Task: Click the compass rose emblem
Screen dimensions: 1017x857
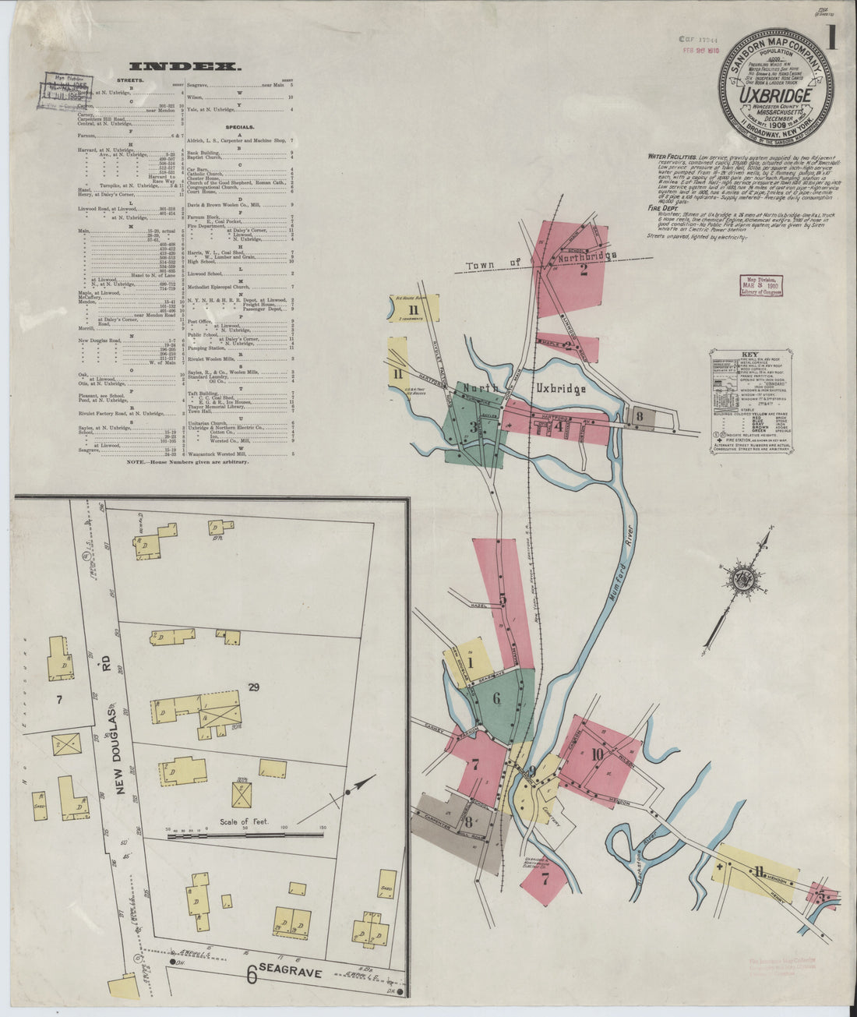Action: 742,577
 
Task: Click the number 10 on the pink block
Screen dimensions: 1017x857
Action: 598,754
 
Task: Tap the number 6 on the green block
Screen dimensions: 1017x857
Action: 496,699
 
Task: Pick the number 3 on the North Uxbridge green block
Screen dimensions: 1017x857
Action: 473,426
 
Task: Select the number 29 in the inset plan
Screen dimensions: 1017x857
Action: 252,687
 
